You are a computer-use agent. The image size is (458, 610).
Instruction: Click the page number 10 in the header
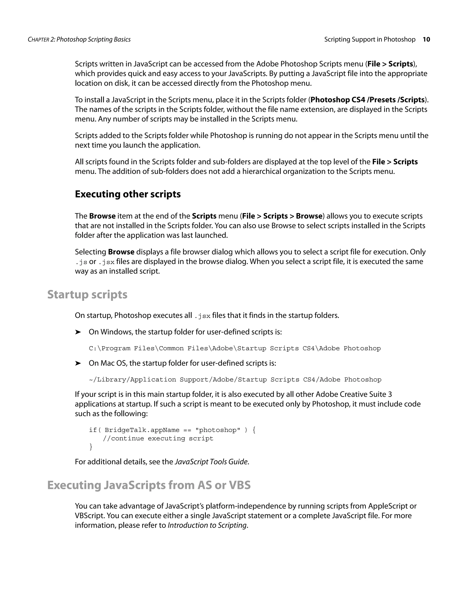coord(426,40)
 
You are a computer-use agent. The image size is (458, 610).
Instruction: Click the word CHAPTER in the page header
coord(38,40)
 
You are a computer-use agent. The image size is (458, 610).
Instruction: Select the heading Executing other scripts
coord(127,194)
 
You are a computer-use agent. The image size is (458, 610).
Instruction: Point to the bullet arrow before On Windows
coord(78,332)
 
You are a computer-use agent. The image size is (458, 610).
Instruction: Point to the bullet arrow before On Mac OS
coord(78,363)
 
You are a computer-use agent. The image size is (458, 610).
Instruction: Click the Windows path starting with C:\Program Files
coord(235,348)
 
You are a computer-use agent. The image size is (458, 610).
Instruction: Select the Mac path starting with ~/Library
coord(235,379)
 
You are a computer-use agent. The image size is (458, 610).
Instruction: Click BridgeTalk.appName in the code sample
coord(142,430)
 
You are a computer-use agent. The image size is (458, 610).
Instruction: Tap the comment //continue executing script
coord(158,438)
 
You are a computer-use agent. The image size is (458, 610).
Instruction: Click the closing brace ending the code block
coord(91,446)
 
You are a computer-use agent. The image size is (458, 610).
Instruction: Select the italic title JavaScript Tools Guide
coord(211,462)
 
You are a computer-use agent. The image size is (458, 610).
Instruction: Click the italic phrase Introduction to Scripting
coord(207,525)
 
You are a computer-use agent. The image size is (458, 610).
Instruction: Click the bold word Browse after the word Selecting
coord(121,252)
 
